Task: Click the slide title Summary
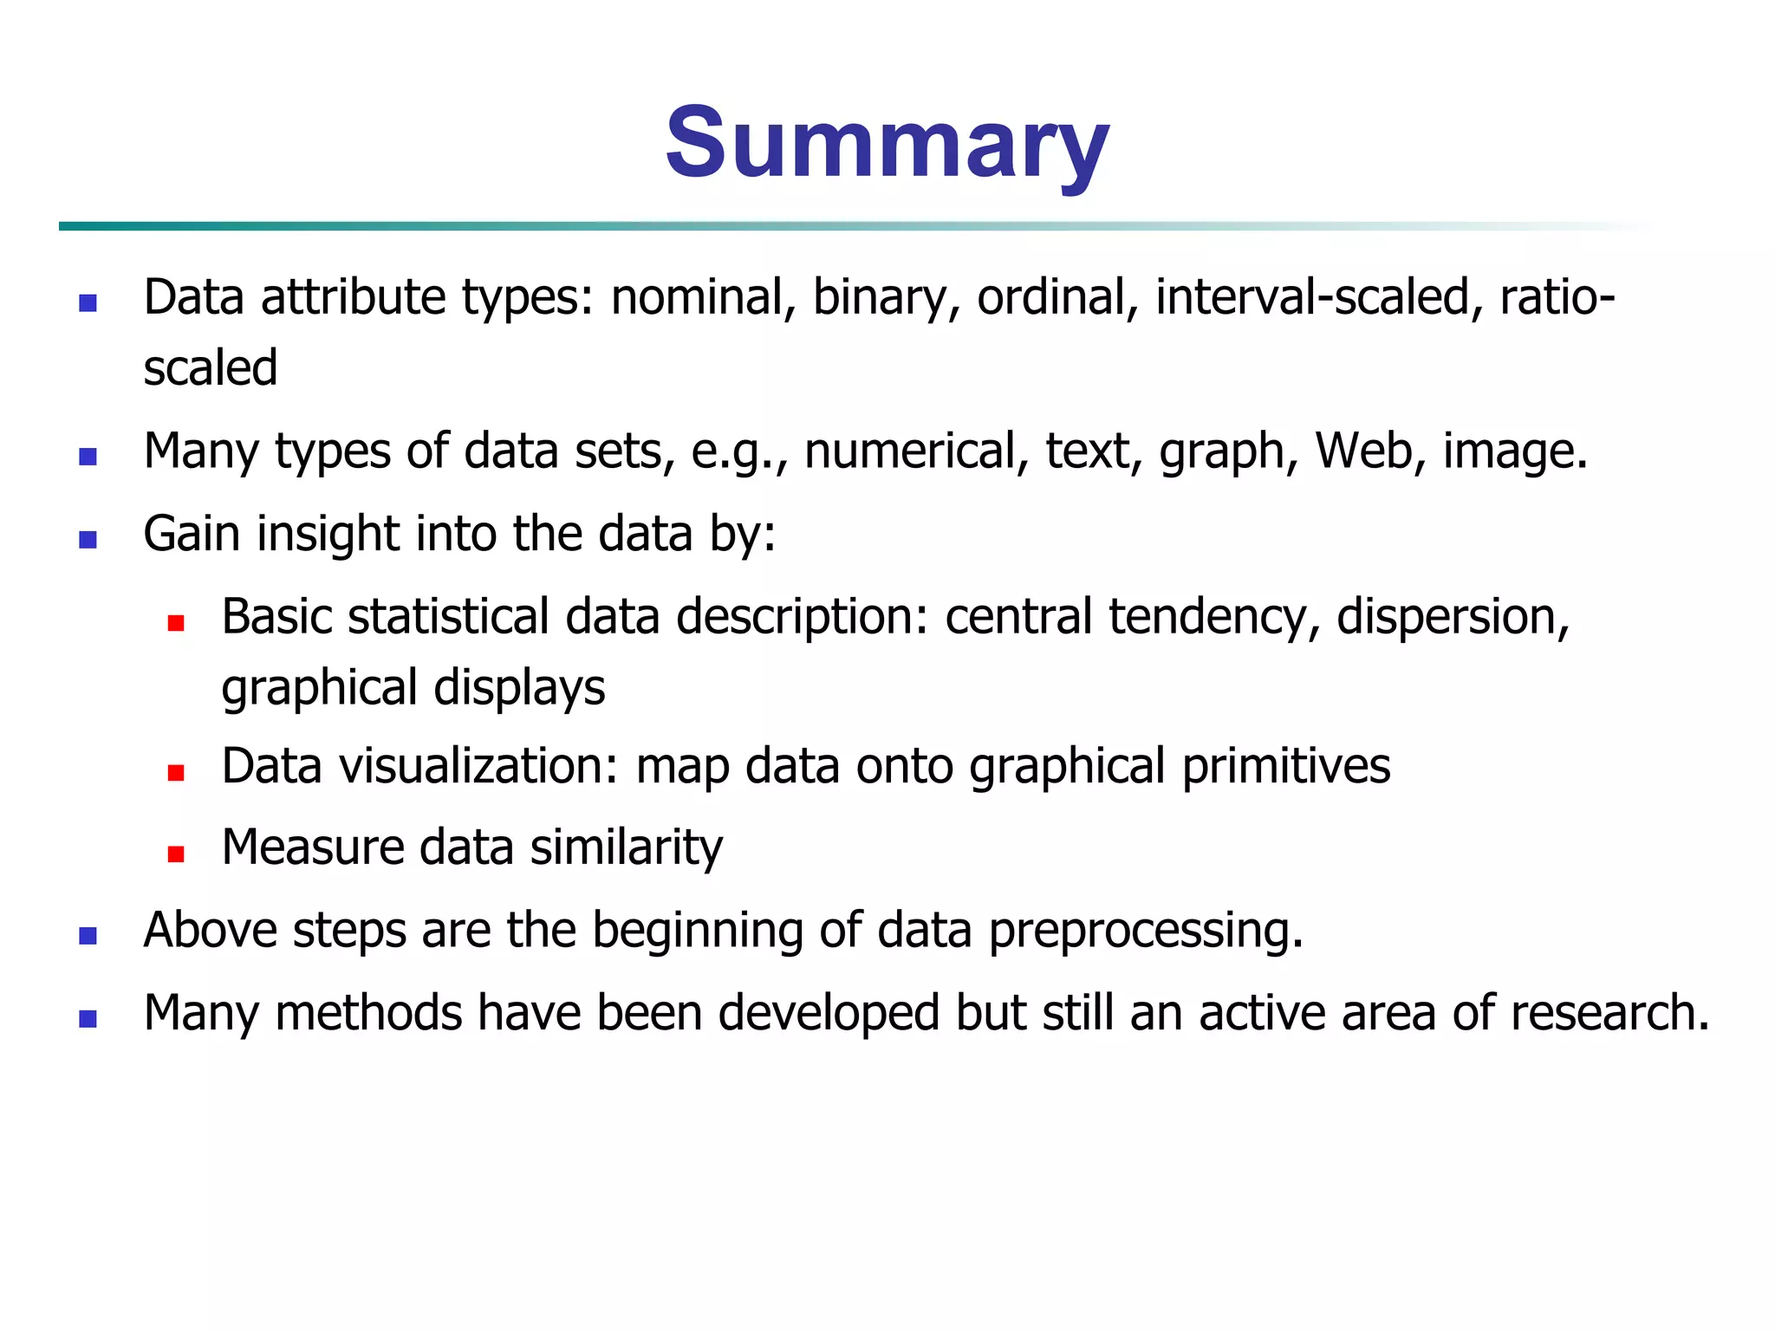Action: coord(887,143)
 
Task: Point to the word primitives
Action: coord(1286,766)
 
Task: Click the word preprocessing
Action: coord(1146,930)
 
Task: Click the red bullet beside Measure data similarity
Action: coord(176,854)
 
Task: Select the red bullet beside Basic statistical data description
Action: coord(176,623)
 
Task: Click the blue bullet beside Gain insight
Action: coord(88,540)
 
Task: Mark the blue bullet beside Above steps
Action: coord(88,936)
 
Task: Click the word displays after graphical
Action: coord(519,688)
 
